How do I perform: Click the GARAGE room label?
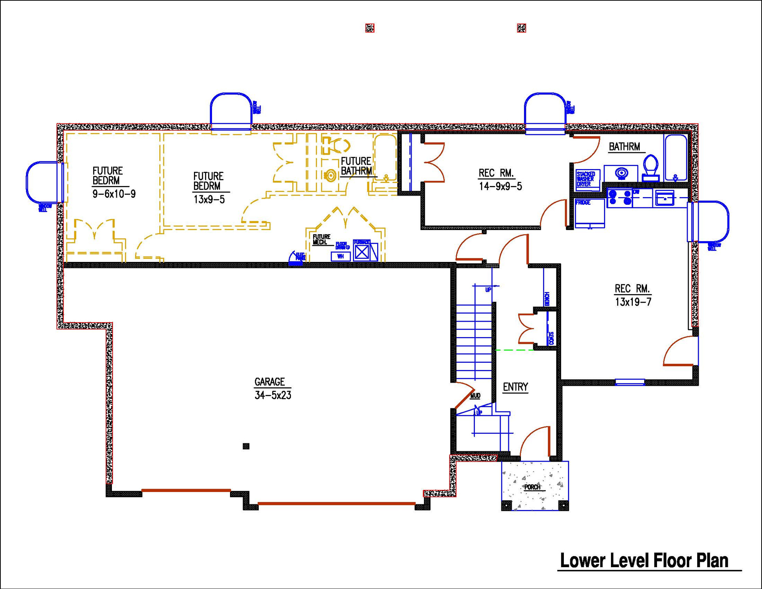[x=269, y=382]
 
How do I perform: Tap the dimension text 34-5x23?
[x=273, y=395]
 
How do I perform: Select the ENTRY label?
[x=515, y=387]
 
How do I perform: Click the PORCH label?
[x=532, y=487]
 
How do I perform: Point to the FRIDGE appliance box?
[x=590, y=213]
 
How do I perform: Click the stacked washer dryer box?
[x=587, y=179]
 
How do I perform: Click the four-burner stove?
[x=619, y=198]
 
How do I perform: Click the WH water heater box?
[x=340, y=256]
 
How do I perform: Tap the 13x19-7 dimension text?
[x=633, y=302]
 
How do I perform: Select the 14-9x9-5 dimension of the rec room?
[x=500, y=187]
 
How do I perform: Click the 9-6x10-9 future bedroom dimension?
[x=114, y=194]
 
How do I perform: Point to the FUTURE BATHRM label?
[x=356, y=166]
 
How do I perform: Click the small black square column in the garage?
[x=246, y=446]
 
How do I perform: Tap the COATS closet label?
[x=551, y=338]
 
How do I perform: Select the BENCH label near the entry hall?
[x=547, y=299]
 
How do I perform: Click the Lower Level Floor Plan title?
[x=644, y=561]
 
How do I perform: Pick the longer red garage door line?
[x=336, y=503]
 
